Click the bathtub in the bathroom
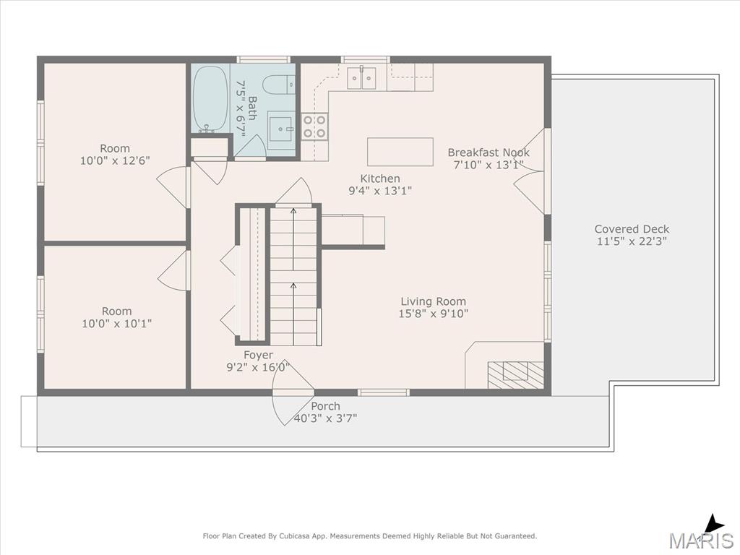click(211, 98)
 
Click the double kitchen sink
click(361, 78)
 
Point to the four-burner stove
click(315, 126)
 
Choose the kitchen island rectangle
click(400, 152)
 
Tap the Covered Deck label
click(632, 229)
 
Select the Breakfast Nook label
click(489, 152)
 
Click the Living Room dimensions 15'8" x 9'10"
click(434, 314)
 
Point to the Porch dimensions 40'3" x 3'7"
click(325, 418)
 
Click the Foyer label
click(258, 355)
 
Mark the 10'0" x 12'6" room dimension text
click(115, 160)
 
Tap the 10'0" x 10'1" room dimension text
click(116, 323)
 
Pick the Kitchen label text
click(380, 178)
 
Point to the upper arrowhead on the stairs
click(293, 211)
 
